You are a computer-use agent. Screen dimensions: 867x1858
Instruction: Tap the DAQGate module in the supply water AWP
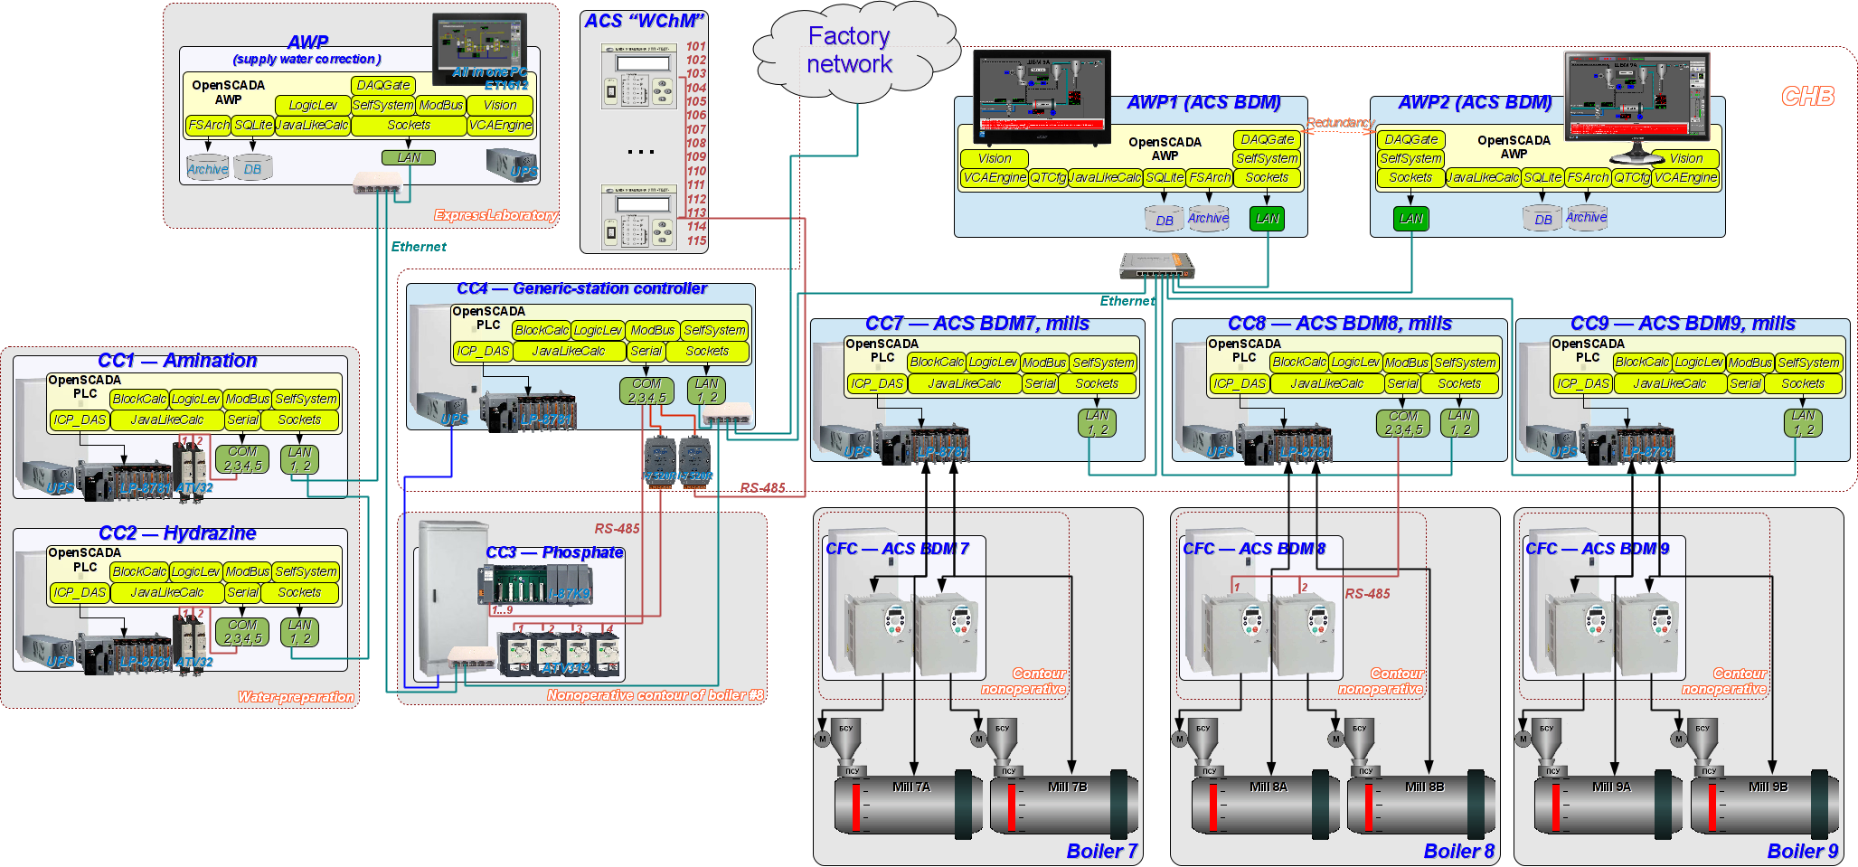coord(383,85)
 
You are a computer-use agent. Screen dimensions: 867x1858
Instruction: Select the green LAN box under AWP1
coord(1267,218)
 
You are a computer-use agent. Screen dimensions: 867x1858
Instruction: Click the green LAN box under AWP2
coord(1410,218)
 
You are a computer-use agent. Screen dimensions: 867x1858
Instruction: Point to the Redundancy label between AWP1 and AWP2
coord(1340,123)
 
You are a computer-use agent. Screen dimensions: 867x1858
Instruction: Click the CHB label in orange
coord(1807,97)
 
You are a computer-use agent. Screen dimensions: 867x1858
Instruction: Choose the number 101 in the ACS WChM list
coord(695,46)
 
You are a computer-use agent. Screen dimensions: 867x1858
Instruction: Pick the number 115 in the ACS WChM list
coord(695,240)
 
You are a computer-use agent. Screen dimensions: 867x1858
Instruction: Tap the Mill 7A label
coord(910,787)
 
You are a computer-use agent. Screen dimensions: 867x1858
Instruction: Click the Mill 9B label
coord(1768,787)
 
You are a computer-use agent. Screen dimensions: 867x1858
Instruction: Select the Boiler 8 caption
coord(1458,852)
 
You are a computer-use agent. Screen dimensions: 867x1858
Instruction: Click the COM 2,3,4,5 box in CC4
coord(646,391)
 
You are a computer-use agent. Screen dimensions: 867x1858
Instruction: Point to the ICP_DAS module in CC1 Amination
coord(80,419)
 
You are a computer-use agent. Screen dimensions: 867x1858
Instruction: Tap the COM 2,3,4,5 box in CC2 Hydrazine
coord(241,632)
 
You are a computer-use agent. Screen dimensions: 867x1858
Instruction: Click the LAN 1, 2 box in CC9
coord(1803,422)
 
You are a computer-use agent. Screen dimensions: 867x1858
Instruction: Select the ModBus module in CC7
coord(1044,363)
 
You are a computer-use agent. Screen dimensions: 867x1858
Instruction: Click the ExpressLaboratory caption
coord(495,215)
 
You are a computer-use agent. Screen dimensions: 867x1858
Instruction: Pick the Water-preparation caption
coord(296,697)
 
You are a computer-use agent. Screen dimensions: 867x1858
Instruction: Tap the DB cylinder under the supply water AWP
coord(253,169)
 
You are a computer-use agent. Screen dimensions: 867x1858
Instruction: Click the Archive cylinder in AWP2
coord(1586,218)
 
